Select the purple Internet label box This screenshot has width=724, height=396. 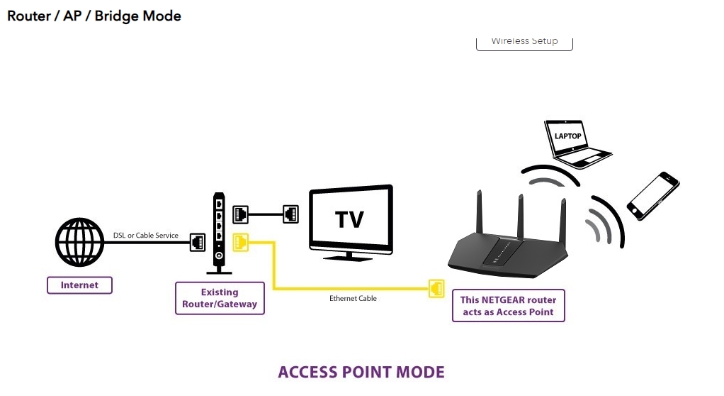coord(79,285)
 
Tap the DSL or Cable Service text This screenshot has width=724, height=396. coord(146,235)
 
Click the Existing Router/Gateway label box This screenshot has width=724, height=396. coord(220,299)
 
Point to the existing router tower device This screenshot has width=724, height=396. coord(220,233)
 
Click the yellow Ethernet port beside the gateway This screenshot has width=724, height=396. coord(241,242)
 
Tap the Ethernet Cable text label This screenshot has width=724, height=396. coord(353,299)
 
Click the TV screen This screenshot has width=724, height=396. coord(351,219)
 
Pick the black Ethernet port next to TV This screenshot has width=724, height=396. coord(290,213)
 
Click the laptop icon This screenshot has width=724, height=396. coord(575,143)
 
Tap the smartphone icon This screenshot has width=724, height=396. coord(652,194)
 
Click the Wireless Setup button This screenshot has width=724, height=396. coord(524,41)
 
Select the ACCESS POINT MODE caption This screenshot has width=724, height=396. coord(361,373)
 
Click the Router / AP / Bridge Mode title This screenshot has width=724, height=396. coord(94,16)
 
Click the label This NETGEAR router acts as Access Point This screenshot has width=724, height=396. coord(508,306)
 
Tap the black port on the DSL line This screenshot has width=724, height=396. coord(198,242)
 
